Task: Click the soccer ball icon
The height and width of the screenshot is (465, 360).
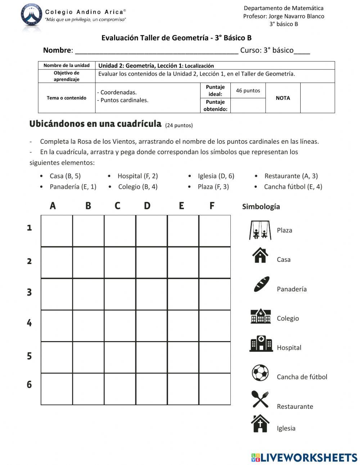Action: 260,373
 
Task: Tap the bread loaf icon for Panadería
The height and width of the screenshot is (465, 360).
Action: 261,284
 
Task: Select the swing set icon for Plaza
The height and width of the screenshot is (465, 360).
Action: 260,230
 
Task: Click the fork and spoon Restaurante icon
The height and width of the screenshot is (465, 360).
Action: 260,399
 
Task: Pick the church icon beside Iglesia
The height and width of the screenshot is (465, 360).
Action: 260,423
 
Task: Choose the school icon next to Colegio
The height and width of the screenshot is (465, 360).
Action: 261,316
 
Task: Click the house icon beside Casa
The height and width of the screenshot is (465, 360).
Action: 260,255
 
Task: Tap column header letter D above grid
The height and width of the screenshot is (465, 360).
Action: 147,206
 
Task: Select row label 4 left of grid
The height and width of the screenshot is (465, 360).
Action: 29,323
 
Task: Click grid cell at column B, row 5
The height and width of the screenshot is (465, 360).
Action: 88,357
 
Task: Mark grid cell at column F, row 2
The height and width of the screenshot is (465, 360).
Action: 215,263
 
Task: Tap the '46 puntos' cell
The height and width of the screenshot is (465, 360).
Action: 248,91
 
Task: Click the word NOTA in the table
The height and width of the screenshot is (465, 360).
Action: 283,98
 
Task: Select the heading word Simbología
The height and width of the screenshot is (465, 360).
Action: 261,207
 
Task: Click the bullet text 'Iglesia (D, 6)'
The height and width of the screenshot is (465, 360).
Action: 216,176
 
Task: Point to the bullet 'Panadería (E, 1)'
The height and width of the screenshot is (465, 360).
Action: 73,187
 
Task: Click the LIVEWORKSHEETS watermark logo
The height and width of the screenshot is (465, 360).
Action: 304,457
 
